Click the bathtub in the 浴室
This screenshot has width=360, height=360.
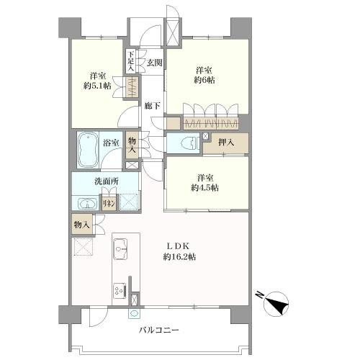(x=88, y=150)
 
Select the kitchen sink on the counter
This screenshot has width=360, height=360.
(x=120, y=249)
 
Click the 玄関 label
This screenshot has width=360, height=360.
(x=154, y=63)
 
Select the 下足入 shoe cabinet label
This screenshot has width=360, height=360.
(x=130, y=61)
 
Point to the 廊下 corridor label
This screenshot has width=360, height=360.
(x=152, y=106)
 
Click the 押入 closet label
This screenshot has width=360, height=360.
(x=226, y=143)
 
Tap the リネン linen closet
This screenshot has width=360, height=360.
(x=109, y=204)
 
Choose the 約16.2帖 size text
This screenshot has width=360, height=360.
(x=179, y=257)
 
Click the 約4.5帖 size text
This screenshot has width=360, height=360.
(x=204, y=188)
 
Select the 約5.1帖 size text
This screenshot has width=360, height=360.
(x=97, y=86)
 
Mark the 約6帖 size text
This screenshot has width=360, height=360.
(x=204, y=80)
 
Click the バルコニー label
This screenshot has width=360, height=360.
(x=159, y=330)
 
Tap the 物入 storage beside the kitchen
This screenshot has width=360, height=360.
(x=82, y=225)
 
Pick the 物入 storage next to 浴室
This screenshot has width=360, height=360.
(x=132, y=145)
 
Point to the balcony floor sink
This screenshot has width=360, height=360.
(x=133, y=313)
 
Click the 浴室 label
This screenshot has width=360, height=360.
(x=111, y=143)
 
